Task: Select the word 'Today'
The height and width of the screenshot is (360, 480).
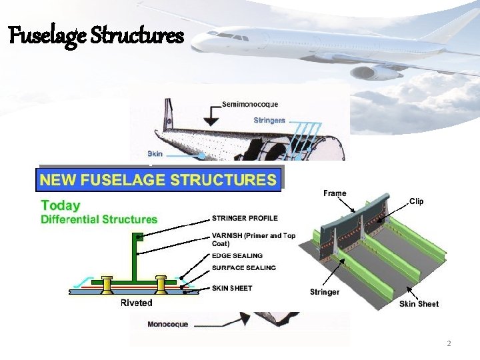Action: coord(61,206)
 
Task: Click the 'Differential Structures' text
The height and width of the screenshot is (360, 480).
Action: coord(99,219)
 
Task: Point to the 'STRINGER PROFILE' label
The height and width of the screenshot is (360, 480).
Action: coord(245,218)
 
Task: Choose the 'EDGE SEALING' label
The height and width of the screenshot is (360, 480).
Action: coord(237,255)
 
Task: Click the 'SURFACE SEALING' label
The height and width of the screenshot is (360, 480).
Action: coord(243,268)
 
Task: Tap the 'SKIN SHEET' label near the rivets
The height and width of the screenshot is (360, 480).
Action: coord(232,288)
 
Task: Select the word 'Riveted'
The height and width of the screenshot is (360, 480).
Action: coord(137,303)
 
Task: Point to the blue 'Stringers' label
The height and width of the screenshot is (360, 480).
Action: coord(269,121)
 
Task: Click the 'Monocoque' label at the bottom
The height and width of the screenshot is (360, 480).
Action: coord(168,325)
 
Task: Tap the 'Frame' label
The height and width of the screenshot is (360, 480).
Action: coord(335,193)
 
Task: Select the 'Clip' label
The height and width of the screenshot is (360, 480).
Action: coord(416,201)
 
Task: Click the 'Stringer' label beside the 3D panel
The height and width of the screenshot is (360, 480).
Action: coord(325,292)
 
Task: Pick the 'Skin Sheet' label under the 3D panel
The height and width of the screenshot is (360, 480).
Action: coord(419,304)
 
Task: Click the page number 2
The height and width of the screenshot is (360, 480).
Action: coord(449,343)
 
